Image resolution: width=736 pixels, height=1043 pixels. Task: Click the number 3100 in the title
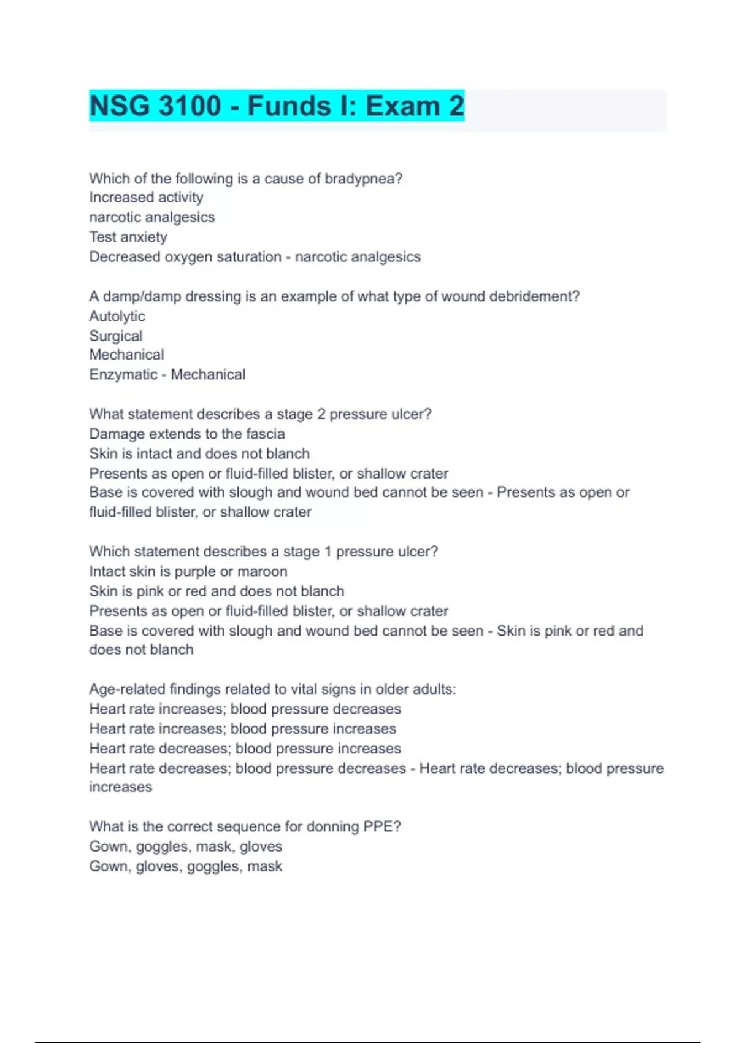[x=190, y=106]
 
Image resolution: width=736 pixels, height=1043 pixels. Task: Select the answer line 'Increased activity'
[x=146, y=198]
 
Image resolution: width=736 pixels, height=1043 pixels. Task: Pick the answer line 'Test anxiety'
[x=128, y=237]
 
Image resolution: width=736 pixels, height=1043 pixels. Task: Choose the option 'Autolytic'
[x=117, y=316]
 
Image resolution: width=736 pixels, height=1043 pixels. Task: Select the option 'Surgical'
[x=116, y=336]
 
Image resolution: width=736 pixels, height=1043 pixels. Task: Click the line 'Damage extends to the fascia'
[x=187, y=434]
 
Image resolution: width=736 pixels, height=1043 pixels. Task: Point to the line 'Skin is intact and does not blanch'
[x=199, y=453]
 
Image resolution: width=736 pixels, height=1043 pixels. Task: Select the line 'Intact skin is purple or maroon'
[x=188, y=571]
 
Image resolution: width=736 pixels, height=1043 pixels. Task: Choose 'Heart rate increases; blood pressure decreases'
[x=245, y=709]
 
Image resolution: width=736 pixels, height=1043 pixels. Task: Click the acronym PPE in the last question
[x=380, y=826]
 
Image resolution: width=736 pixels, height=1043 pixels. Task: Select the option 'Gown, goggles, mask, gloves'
[x=186, y=846]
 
